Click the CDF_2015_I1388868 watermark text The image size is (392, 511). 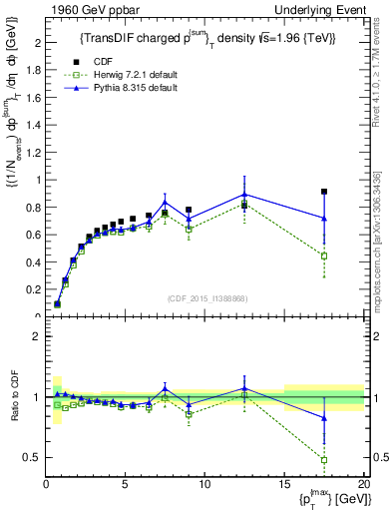(x=206, y=298)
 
